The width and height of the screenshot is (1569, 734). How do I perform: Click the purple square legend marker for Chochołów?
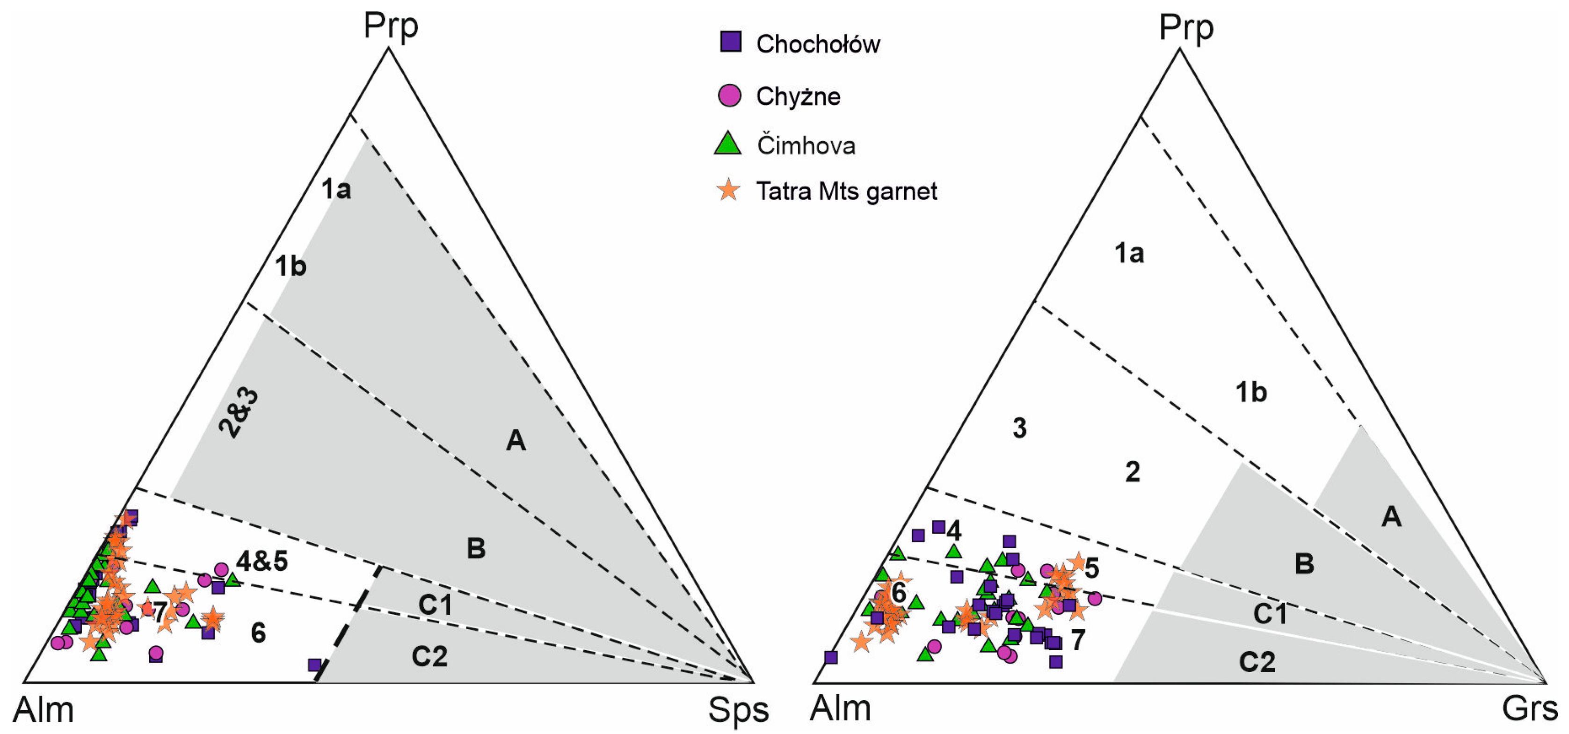[x=730, y=42]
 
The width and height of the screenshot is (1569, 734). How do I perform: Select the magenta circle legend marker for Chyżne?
[x=730, y=95]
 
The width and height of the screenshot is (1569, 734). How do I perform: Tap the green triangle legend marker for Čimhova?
[x=728, y=145]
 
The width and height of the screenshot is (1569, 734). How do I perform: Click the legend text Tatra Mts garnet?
[x=846, y=191]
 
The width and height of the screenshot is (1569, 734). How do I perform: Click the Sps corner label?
[x=738, y=710]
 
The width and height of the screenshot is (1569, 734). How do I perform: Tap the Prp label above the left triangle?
[x=391, y=26]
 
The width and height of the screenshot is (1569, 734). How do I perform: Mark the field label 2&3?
[x=240, y=414]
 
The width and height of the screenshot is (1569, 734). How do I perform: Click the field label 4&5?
[x=262, y=561]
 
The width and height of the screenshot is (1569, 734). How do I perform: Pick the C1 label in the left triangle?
[x=436, y=604]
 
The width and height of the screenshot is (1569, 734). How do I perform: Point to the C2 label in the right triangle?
[x=1257, y=662]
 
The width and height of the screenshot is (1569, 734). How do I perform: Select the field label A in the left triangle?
[x=516, y=440]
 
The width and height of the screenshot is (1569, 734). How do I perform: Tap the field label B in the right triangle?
[x=1304, y=563]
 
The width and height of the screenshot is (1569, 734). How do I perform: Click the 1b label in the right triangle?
[x=1251, y=393]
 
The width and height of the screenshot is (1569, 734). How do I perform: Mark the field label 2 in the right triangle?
[x=1132, y=472]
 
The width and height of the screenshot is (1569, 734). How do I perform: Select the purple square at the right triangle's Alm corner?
[x=831, y=657]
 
